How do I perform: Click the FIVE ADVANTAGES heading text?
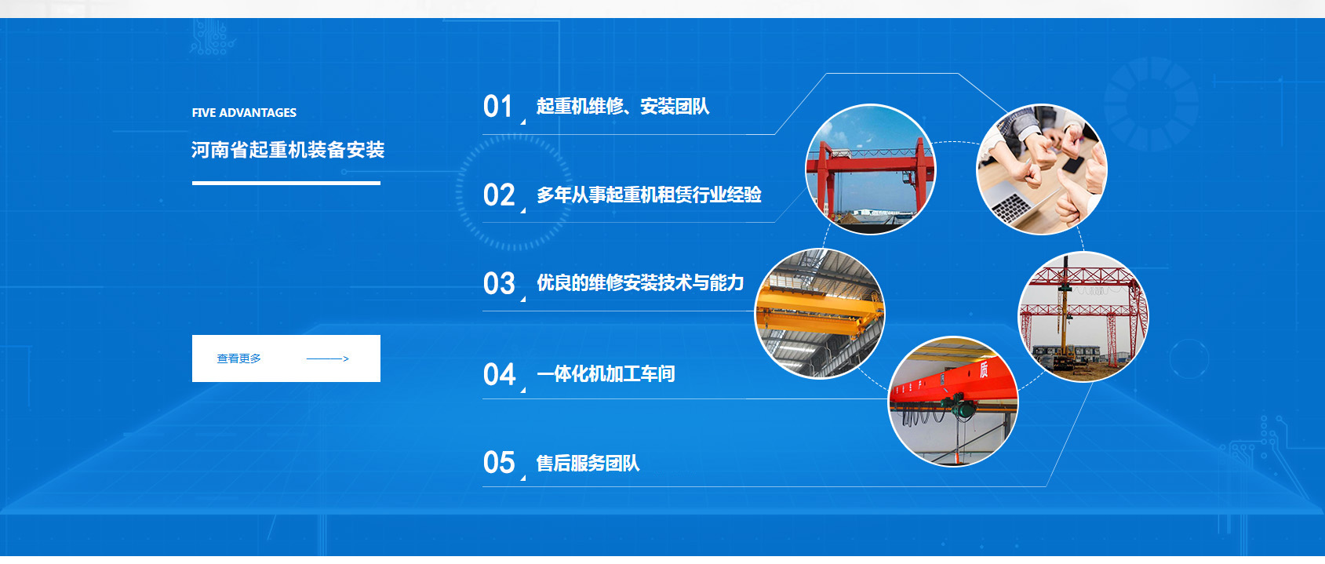click(x=244, y=112)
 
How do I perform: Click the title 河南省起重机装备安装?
click(x=288, y=150)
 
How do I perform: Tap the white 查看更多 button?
click(x=286, y=358)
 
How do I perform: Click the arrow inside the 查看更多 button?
click(x=328, y=358)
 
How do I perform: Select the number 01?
click(x=497, y=107)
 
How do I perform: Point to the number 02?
click(x=499, y=195)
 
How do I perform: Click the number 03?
click(x=499, y=284)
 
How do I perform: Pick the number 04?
click(x=499, y=375)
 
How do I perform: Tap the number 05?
click(x=499, y=463)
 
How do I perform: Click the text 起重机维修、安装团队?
click(x=623, y=107)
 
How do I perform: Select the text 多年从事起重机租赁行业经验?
click(x=649, y=195)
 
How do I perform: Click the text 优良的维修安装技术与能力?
click(x=640, y=282)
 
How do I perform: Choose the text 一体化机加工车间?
click(x=606, y=373)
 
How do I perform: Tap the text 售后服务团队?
click(x=588, y=463)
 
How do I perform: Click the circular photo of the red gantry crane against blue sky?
click(x=871, y=169)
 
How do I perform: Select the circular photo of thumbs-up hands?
click(x=1042, y=169)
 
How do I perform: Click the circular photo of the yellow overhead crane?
click(x=820, y=313)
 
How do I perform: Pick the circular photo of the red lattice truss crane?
click(x=1083, y=317)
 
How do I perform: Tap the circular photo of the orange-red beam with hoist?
click(x=953, y=402)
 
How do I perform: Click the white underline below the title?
click(x=286, y=184)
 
